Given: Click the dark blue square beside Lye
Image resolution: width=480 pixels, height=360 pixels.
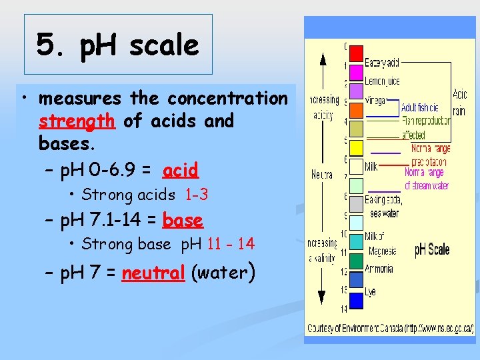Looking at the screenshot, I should pos(357,300).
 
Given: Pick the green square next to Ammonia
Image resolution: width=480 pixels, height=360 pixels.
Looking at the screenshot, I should pos(357,261).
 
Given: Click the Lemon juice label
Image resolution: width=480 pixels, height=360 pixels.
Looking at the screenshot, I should pos(382,81).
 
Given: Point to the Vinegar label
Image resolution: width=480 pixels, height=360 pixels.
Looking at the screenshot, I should pos(375,99).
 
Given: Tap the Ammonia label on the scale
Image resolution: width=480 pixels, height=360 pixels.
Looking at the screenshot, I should pos(379,269).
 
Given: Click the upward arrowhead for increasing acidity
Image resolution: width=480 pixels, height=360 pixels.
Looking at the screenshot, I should pos(322,58).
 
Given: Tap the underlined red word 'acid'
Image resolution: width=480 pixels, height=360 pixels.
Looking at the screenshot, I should pos(181,171).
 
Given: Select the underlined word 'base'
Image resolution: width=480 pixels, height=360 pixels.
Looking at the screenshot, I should pos(183,220).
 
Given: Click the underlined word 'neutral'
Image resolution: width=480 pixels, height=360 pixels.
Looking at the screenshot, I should pos(153,273).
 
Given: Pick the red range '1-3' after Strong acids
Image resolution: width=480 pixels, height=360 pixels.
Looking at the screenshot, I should pos(196,195).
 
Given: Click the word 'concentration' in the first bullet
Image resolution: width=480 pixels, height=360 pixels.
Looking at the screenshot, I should pos(227,99).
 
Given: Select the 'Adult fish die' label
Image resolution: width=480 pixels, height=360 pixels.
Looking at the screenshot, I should pos(420,107).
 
